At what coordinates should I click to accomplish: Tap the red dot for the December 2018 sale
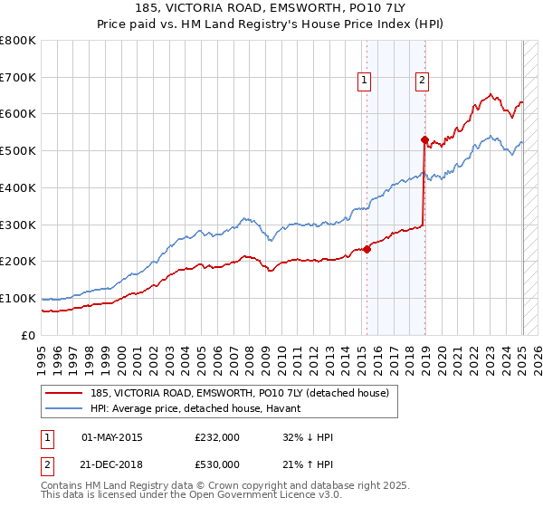pos(424,139)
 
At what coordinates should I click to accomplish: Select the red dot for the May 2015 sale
pos(367,250)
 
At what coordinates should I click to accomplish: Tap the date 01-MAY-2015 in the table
pos(111,437)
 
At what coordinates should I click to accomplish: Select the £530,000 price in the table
pos(217,464)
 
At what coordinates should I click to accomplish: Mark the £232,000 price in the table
pos(217,437)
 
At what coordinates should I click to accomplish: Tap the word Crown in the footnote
pos(205,487)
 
